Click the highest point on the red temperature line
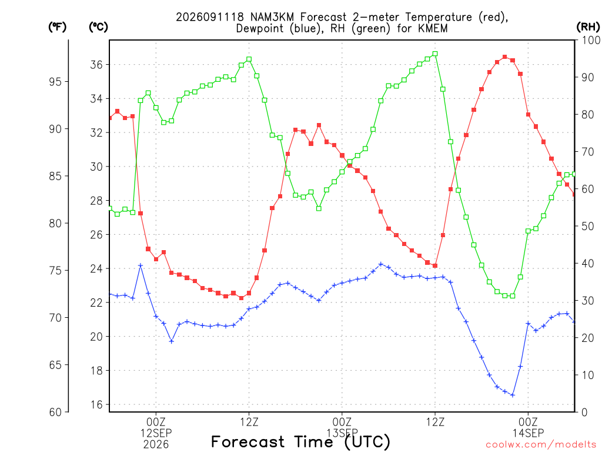click(x=505, y=57)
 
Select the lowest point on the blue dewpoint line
click(x=513, y=395)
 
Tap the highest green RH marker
click(x=435, y=54)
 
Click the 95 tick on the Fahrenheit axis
click(x=55, y=81)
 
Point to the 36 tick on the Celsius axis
click(x=96, y=65)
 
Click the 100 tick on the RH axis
click(x=591, y=40)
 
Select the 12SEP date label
click(x=156, y=433)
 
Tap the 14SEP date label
click(x=529, y=433)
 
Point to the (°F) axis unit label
click(x=57, y=27)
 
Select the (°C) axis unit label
click(x=98, y=27)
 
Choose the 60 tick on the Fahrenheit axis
click(x=55, y=412)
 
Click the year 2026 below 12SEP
click(x=156, y=444)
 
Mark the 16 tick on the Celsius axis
click(x=96, y=405)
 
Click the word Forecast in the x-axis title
click(x=248, y=442)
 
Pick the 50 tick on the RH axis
click(x=587, y=226)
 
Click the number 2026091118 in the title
click(x=210, y=17)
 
